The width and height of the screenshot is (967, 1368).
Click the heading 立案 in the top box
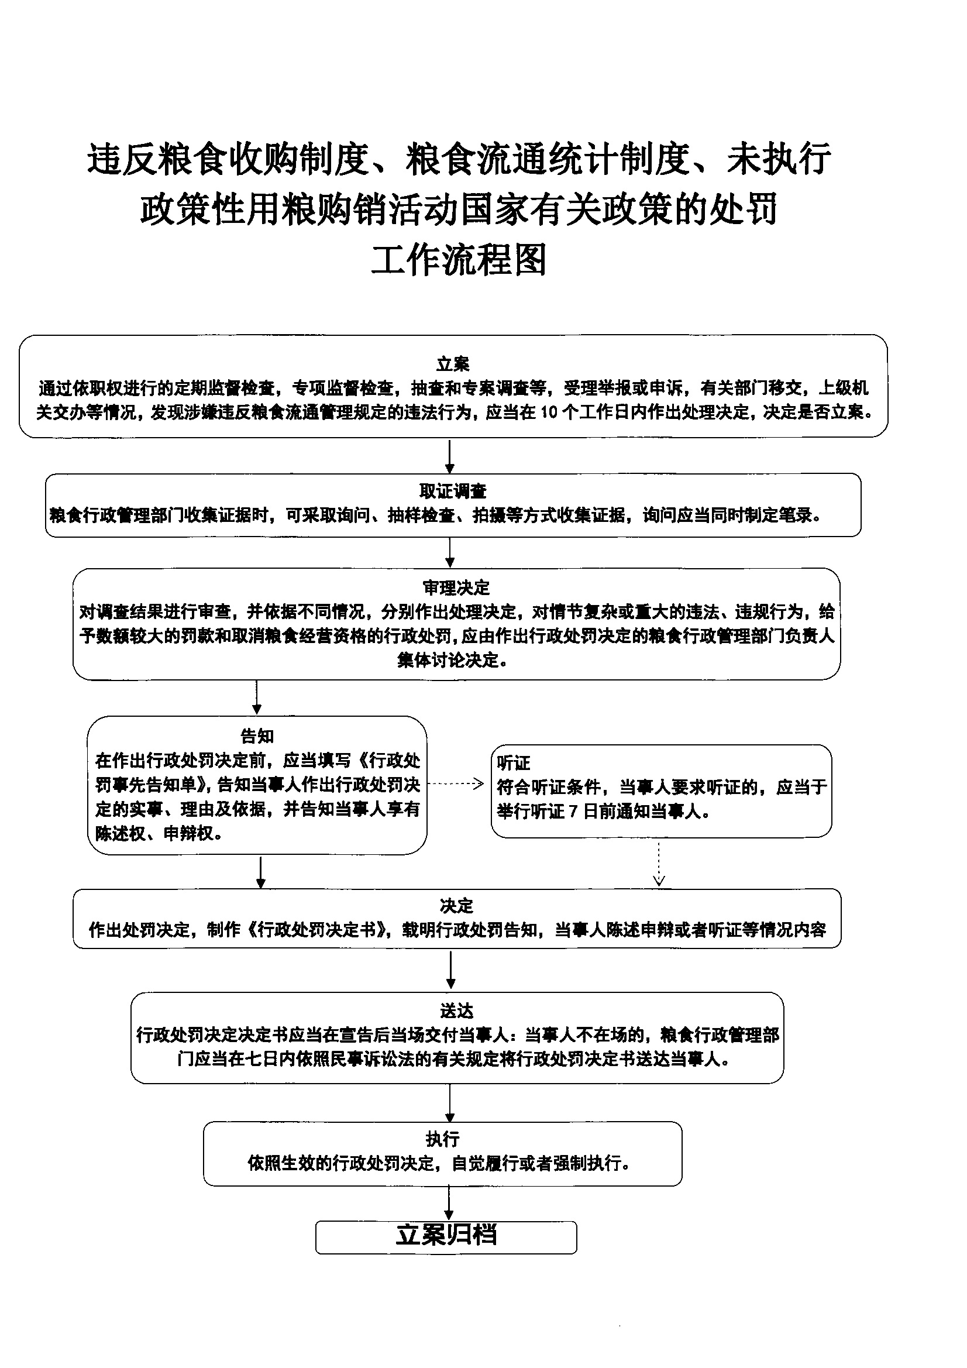click(x=453, y=363)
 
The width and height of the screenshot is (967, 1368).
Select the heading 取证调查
click(x=453, y=491)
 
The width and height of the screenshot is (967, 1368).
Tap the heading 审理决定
click(x=456, y=587)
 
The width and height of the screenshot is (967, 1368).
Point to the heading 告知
click(x=257, y=736)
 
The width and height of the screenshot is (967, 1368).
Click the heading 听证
click(x=513, y=762)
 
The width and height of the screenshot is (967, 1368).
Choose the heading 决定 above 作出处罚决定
click(x=456, y=906)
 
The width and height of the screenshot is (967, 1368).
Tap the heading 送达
click(x=456, y=1011)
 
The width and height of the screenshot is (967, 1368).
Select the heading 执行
click(x=443, y=1139)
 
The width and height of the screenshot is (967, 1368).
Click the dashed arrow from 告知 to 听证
click(x=456, y=784)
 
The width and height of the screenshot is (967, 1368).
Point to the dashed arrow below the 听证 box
click(x=659, y=862)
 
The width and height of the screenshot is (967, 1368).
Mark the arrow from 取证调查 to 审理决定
click(x=450, y=552)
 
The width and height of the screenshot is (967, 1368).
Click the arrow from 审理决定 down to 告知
click(x=257, y=697)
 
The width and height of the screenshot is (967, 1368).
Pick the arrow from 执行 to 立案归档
click(x=449, y=1203)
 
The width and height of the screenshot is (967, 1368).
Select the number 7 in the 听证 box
click(x=573, y=812)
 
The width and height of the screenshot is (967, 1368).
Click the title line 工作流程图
click(x=459, y=260)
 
